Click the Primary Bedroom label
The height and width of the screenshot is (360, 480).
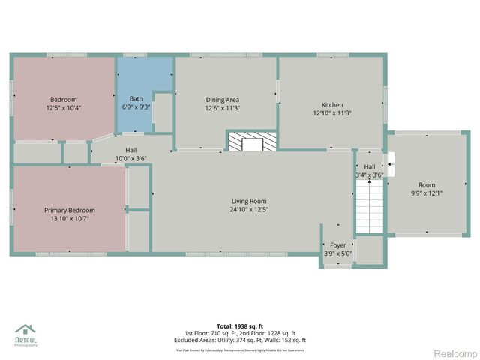pyautogui.click(x=69, y=210)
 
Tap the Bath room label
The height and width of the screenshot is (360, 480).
pyautogui.click(x=136, y=98)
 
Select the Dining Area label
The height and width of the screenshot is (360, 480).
pyautogui.click(x=222, y=99)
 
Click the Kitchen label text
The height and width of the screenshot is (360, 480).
pyautogui.click(x=332, y=104)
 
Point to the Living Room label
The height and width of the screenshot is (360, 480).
pyautogui.click(x=248, y=201)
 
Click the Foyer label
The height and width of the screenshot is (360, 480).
pyautogui.click(x=337, y=245)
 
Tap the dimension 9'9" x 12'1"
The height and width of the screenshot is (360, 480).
pyautogui.click(x=426, y=193)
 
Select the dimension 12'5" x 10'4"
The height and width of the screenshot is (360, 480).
pyautogui.click(x=64, y=107)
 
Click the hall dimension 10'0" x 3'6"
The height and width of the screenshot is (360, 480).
pyautogui.click(x=131, y=158)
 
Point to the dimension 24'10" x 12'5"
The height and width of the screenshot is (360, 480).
pyautogui.click(x=248, y=210)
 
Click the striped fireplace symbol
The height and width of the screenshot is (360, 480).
pyautogui.click(x=252, y=140)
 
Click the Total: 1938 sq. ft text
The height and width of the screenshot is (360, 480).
pyautogui.click(x=240, y=326)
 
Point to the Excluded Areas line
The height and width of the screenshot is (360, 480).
pyautogui.click(x=240, y=340)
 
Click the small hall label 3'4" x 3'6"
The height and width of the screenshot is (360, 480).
pyautogui.click(x=369, y=175)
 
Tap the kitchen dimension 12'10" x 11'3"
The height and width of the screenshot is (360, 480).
pyautogui.click(x=332, y=113)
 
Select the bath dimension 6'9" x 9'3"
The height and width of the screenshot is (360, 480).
pyautogui.click(x=136, y=107)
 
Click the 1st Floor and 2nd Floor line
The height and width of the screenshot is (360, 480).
pyautogui.click(x=240, y=333)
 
